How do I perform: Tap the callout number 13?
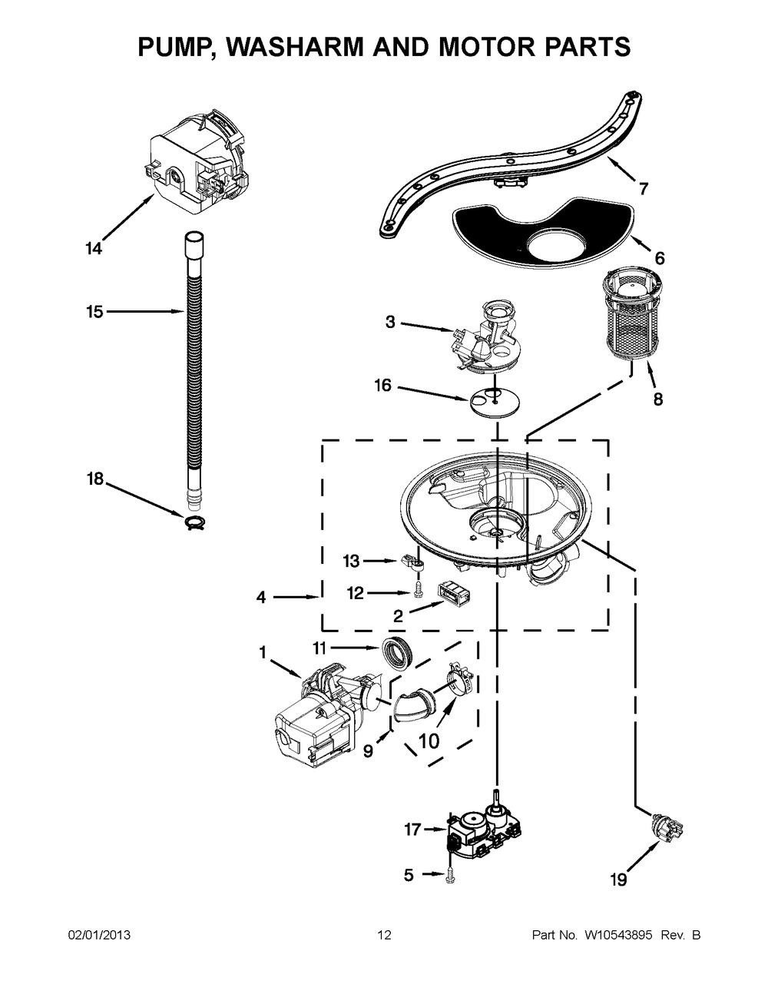351,562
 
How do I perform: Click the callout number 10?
429,742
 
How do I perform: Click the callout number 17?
413,830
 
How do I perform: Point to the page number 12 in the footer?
384,935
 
